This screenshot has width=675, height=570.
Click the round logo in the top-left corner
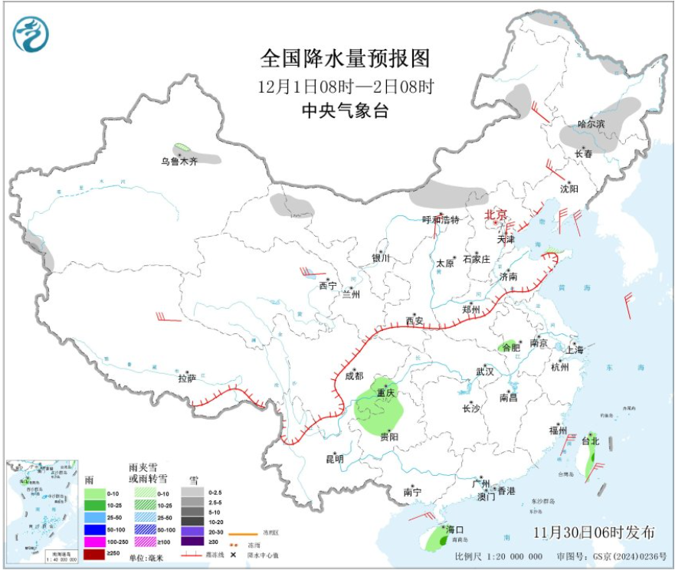click(31, 35)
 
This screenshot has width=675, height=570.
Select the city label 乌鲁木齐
click(179, 162)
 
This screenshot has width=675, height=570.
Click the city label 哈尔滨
click(591, 123)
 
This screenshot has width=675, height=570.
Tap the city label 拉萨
click(187, 378)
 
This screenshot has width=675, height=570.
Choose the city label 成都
click(354, 376)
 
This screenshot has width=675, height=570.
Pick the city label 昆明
click(335, 459)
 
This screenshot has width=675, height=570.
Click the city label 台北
click(591, 441)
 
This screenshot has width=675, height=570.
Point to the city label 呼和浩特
click(441, 220)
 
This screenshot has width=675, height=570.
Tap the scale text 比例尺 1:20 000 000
click(498, 556)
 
